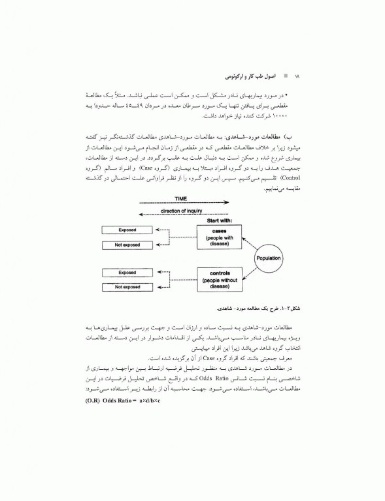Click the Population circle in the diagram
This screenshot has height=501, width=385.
pyautogui.click(x=267, y=258)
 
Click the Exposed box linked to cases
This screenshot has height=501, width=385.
pyautogui.click(x=127, y=230)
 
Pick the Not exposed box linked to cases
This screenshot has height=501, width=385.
pyautogui.click(x=127, y=245)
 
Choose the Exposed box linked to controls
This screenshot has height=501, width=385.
pyautogui.click(x=127, y=272)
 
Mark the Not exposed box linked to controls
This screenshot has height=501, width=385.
pyautogui.click(x=127, y=286)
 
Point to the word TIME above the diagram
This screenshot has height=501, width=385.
pyautogui.click(x=181, y=198)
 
